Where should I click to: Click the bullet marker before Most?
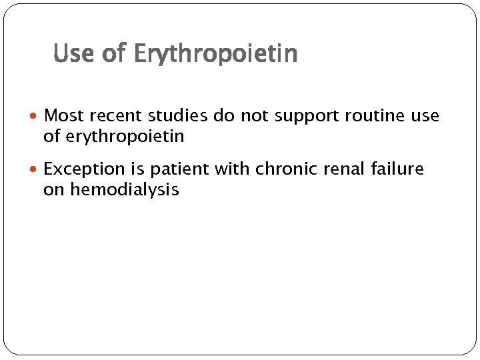(x=35, y=117)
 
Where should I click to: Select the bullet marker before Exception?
(x=35, y=170)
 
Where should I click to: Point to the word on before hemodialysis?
(x=52, y=190)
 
